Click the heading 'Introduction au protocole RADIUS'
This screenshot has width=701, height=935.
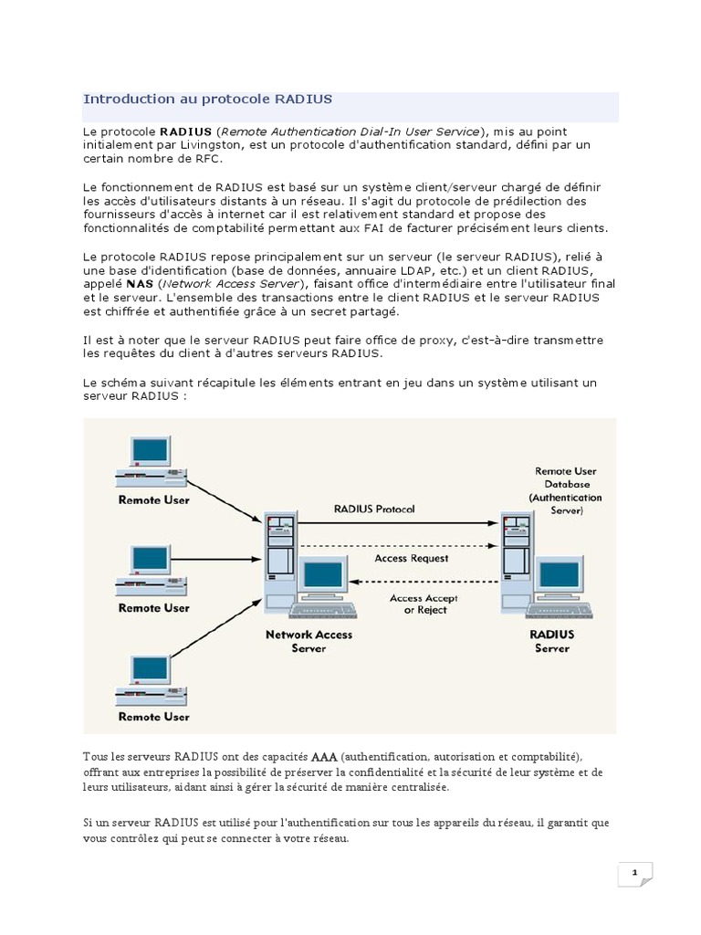207,99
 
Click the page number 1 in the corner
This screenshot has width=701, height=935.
634,874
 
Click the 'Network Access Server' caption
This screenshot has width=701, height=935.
309,641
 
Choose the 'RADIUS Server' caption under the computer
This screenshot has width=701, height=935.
550,641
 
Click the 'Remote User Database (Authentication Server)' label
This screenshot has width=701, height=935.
567,491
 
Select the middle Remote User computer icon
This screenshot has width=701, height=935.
150,571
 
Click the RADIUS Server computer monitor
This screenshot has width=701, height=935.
559,575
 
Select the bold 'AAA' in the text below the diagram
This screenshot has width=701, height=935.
324,758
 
